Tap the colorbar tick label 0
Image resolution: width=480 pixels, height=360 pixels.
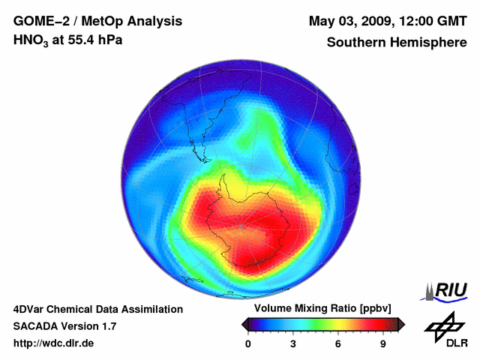pos(249,343)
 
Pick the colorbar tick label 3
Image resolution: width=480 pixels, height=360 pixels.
pos(293,343)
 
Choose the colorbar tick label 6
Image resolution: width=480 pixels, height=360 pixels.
pos(338,343)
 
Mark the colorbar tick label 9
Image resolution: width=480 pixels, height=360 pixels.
pos(382,343)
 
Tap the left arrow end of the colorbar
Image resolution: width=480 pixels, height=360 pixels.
pos(244,324)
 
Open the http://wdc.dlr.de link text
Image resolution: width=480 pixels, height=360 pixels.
pos(54,343)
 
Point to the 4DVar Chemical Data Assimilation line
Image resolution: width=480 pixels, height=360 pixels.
pos(97,309)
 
